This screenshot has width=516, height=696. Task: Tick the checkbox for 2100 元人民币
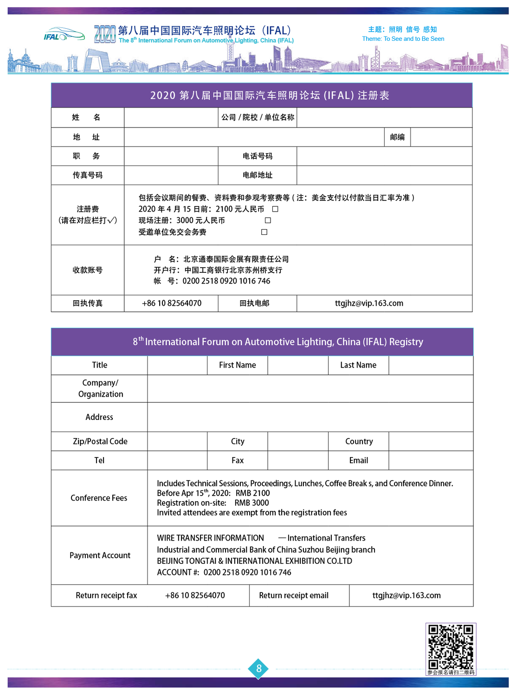point(275,209)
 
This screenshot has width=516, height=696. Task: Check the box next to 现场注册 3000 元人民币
point(268,220)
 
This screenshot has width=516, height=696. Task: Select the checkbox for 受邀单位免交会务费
point(264,232)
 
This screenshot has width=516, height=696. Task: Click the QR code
point(451,646)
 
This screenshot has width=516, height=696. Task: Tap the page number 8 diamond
point(259,669)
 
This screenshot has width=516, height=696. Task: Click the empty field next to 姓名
point(171,117)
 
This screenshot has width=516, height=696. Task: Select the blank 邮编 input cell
point(441,137)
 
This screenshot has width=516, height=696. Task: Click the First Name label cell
point(237,365)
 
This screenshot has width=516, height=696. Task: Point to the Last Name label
point(358,365)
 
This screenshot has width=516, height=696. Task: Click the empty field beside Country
point(431,441)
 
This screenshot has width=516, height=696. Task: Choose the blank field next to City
point(297,441)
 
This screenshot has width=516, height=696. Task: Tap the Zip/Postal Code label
point(100,441)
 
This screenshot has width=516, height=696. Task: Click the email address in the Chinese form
point(369,303)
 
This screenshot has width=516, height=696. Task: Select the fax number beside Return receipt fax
point(195,595)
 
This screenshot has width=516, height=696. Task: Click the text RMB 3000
point(252,503)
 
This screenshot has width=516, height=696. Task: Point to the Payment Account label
point(100,555)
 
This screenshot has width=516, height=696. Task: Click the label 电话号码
point(258,156)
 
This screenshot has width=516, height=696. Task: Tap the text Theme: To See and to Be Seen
point(403,39)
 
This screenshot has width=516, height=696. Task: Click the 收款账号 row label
point(87,270)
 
